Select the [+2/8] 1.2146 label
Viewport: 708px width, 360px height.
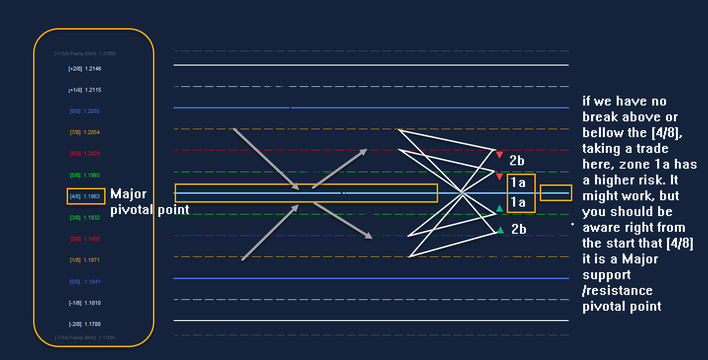(x=85, y=69)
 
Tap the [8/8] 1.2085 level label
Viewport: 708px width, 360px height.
(x=85, y=111)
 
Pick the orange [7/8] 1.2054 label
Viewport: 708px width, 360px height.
(x=85, y=133)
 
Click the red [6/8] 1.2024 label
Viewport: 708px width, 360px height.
(x=85, y=154)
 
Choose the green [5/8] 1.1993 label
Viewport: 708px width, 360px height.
(x=85, y=175)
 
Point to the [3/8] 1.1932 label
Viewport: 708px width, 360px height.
(x=85, y=217)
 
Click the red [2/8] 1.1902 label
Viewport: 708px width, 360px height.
(x=85, y=239)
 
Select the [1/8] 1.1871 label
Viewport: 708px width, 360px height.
(x=85, y=260)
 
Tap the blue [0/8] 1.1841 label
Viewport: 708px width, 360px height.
(x=85, y=282)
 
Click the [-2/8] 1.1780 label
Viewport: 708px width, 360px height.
(x=85, y=324)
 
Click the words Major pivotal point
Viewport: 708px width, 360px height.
(x=149, y=201)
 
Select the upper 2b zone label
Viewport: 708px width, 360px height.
(x=517, y=161)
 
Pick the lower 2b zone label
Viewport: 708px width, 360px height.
(x=519, y=229)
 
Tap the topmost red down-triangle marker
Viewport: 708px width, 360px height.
(x=499, y=155)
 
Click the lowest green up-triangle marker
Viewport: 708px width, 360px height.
(x=501, y=230)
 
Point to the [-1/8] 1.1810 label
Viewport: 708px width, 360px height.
(x=85, y=303)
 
